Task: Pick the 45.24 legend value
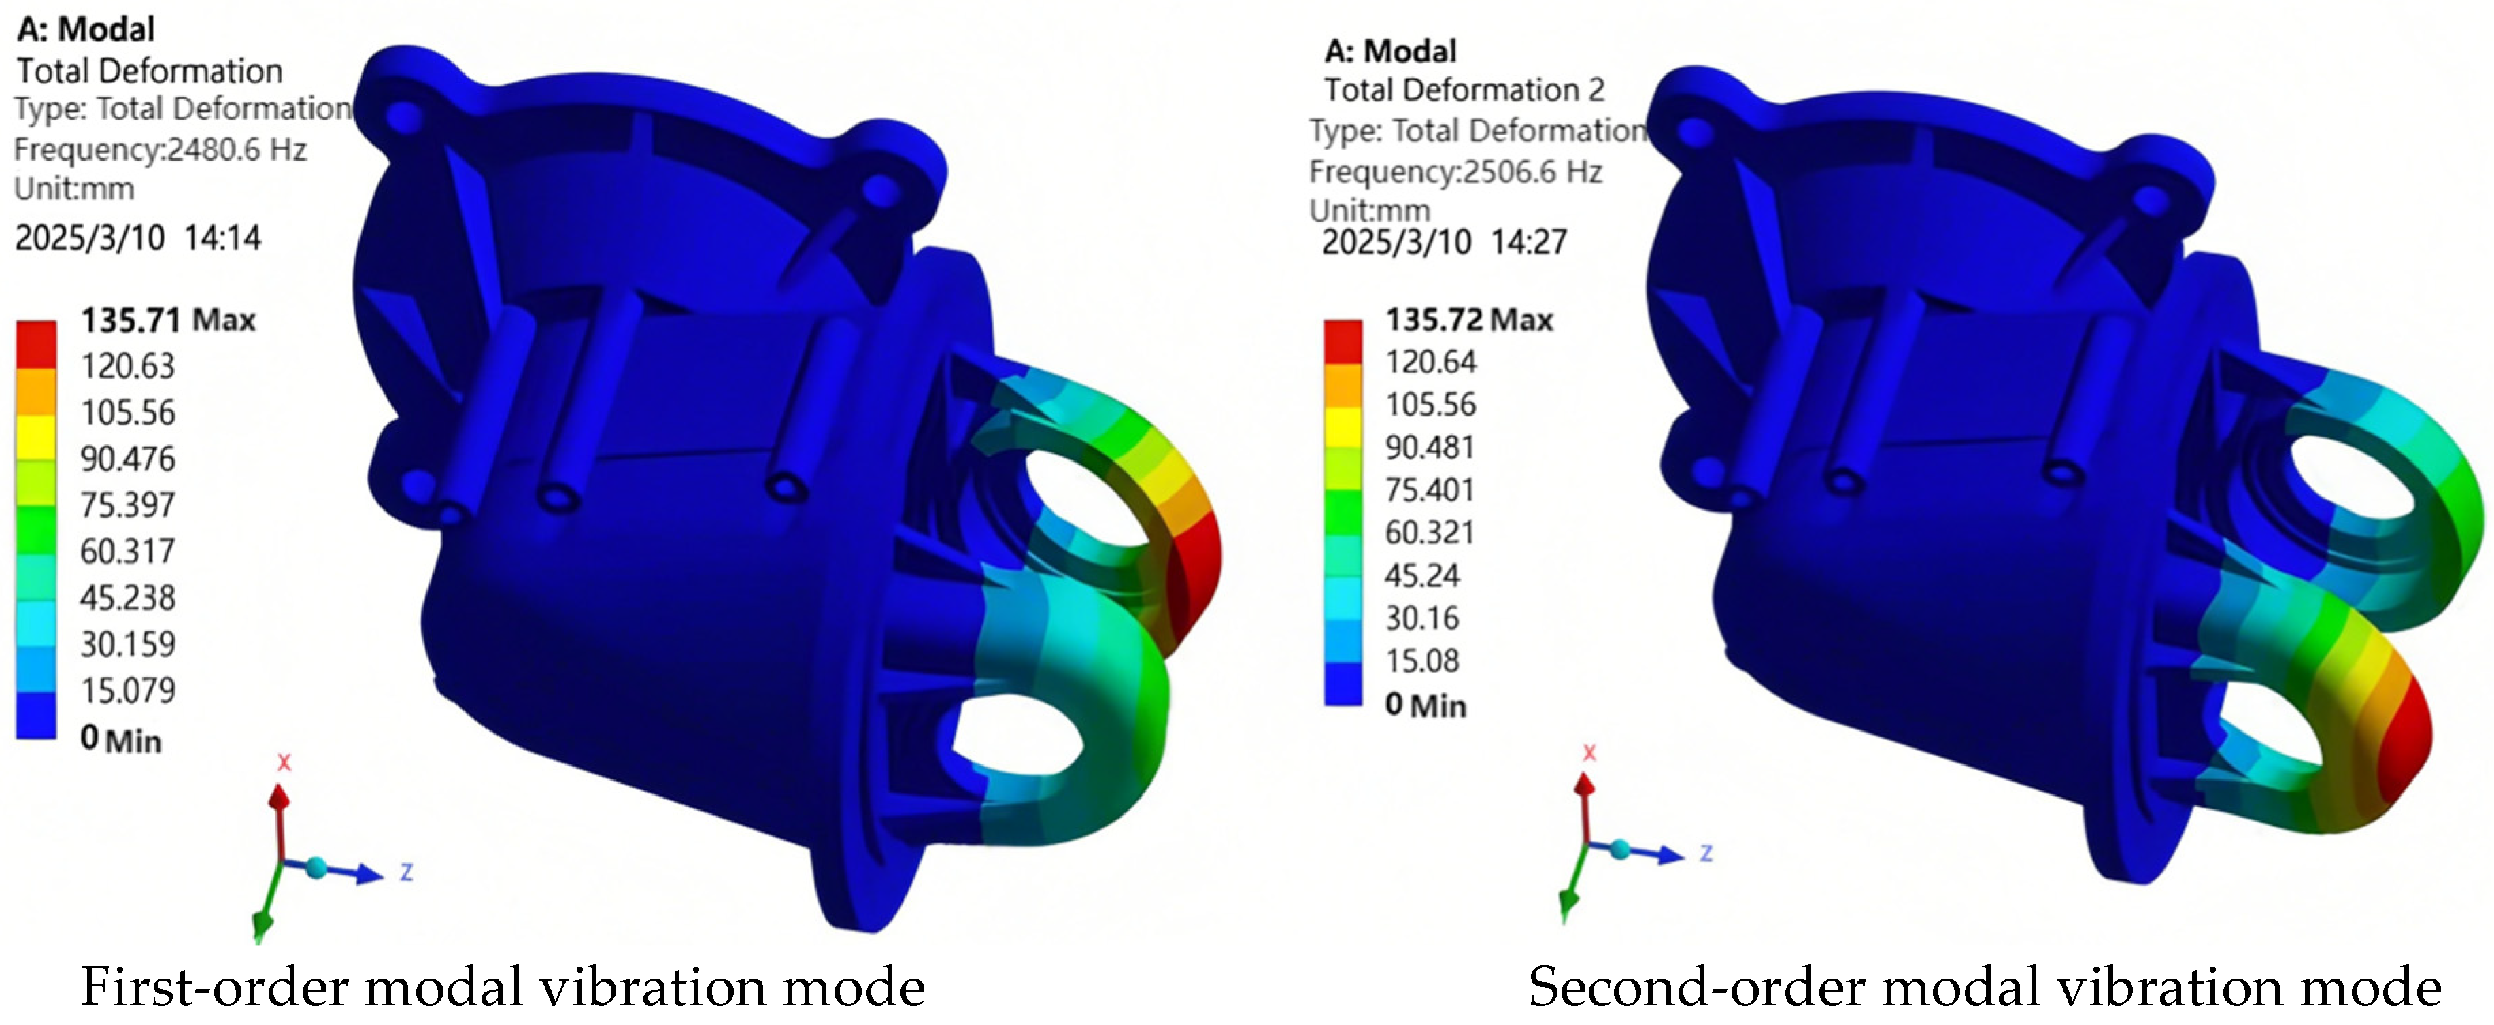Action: (1421, 575)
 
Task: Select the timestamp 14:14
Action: (222, 237)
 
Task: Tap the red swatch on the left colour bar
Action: (36, 343)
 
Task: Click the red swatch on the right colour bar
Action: (1343, 341)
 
